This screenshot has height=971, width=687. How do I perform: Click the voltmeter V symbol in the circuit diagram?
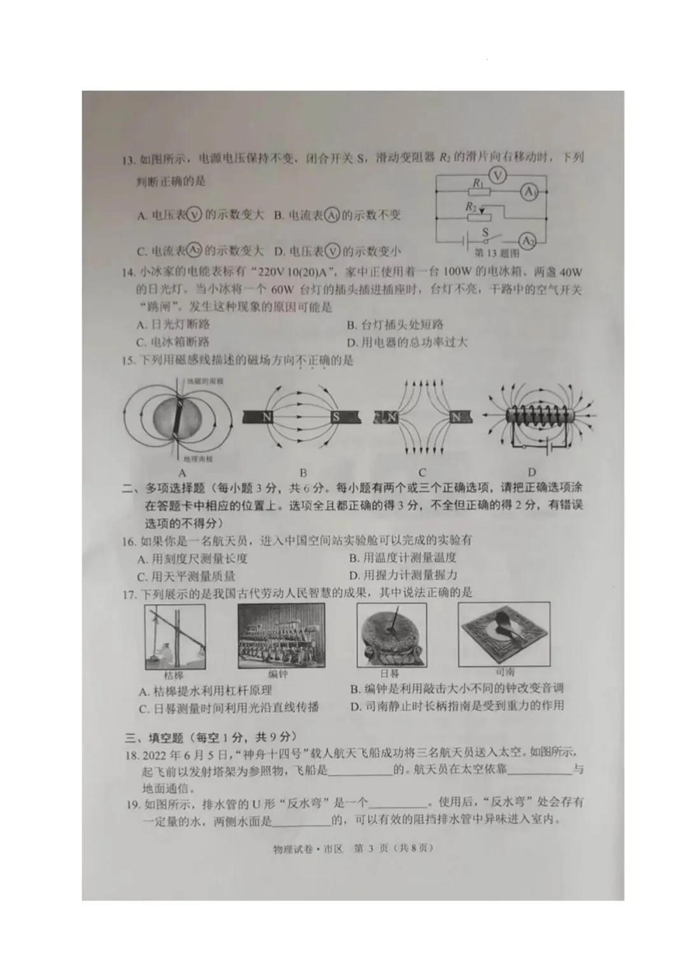(498, 175)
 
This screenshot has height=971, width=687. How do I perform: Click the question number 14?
(128, 273)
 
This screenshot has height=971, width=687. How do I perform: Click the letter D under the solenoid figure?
(532, 472)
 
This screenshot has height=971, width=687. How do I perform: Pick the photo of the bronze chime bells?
(281, 636)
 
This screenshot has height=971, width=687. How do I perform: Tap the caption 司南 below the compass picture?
(504, 671)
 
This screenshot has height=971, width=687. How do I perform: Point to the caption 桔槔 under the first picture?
(173, 675)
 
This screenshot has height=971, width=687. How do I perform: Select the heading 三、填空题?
(155, 737)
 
